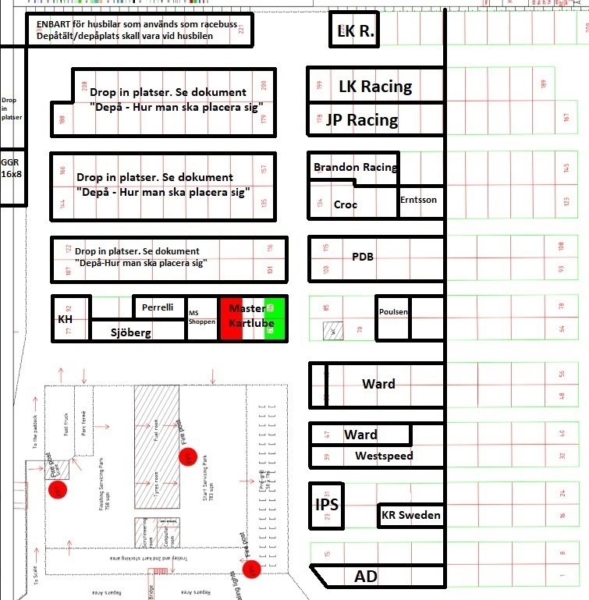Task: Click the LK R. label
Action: pos(356,32)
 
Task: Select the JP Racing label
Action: pos(361,120)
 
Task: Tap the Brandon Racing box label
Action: pos(354,167)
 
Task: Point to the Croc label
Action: pos(346,204)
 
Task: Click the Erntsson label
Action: pos(419,200)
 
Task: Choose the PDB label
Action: pos(363,256)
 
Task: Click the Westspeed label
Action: pos(384,456)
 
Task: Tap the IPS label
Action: pos(325,504)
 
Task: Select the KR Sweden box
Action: pos(410,515)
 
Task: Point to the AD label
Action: pos(366,577)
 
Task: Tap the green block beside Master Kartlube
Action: pos(272,318)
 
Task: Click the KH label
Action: pos(66,320)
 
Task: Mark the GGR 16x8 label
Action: pos(11,168)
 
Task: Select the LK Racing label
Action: pos(375,86)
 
